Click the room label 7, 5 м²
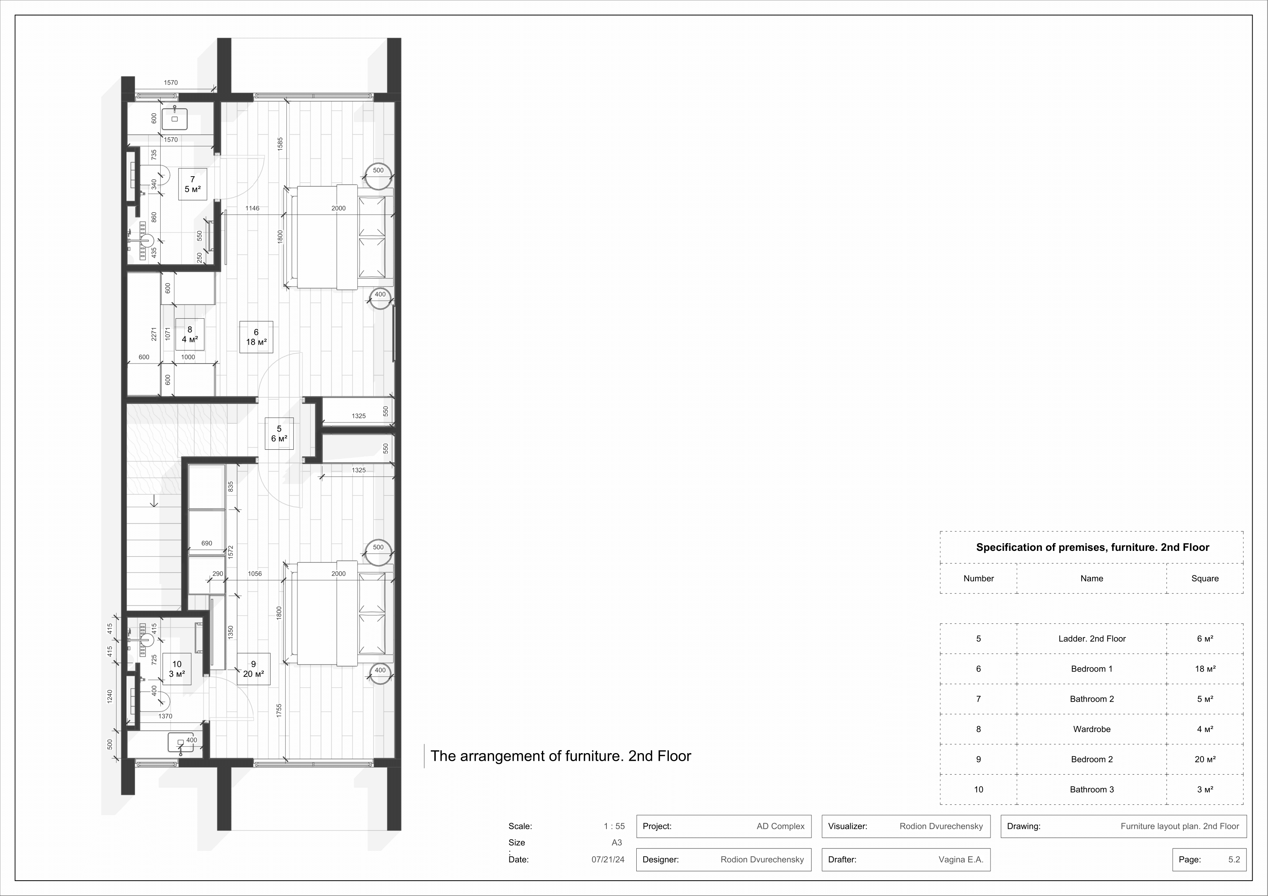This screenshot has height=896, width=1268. [192, 184]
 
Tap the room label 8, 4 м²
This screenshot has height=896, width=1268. [189, 334]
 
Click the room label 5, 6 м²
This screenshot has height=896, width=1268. [279, 434]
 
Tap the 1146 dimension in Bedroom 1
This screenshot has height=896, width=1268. [252, 208]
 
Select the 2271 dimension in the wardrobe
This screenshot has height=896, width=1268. [154, 334]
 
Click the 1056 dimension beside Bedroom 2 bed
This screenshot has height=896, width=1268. [255, 573]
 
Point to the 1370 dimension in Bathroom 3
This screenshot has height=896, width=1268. [165, 716]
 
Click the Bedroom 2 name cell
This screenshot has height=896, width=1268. [1091, 759]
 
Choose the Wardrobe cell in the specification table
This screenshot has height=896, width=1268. [1091, 729]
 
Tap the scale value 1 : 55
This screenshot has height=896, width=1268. [614, 826]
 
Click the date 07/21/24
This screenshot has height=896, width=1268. [608, 860]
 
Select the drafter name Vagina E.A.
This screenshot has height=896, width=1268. [961, 860]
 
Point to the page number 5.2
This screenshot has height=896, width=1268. [1234, 860]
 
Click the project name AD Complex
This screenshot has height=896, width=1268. [780, 826]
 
